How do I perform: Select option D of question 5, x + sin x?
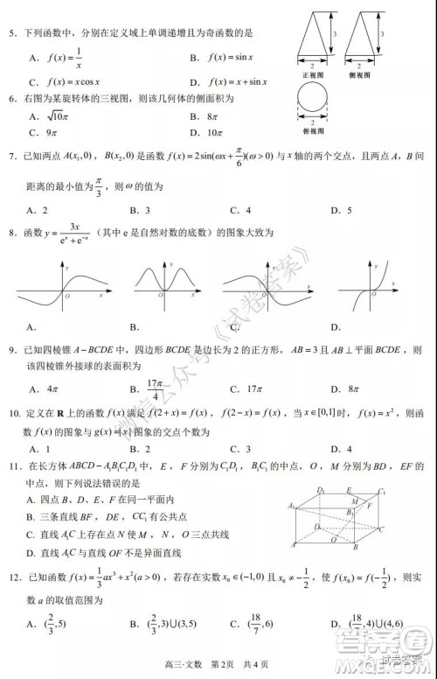tap(229, 81)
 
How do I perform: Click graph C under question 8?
tap(262, 289)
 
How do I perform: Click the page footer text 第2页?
tap(225, 667)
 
